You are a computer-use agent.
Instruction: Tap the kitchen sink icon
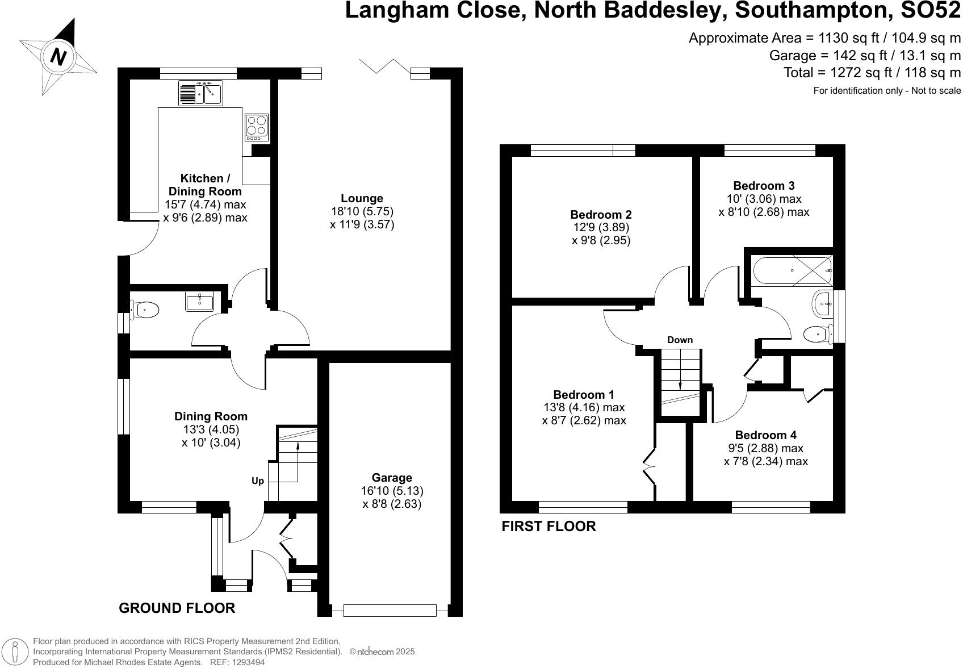coord(200,93)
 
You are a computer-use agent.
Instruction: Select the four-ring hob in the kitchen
coord(256,127)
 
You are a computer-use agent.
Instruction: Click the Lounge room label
coord(362,198)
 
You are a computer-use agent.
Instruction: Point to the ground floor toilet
coord(144,310)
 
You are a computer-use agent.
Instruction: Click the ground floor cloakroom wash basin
coord(199,302)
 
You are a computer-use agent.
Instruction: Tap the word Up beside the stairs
coord(258,481)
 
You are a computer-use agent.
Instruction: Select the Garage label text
coord(392,478)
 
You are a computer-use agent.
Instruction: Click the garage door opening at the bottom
coord(390,611)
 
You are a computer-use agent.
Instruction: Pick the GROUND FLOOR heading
coord(177,608)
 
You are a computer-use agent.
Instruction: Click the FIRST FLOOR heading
coord(549,527)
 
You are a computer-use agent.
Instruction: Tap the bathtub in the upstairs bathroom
coord(791,270)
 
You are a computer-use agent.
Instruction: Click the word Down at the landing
coord(680,340)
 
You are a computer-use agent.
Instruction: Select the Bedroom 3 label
coord(764,186)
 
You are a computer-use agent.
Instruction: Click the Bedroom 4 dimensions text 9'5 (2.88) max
coord(765,448)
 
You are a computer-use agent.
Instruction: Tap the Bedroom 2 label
coord(601,215)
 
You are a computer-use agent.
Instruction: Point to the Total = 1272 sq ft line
coord(872,73)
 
